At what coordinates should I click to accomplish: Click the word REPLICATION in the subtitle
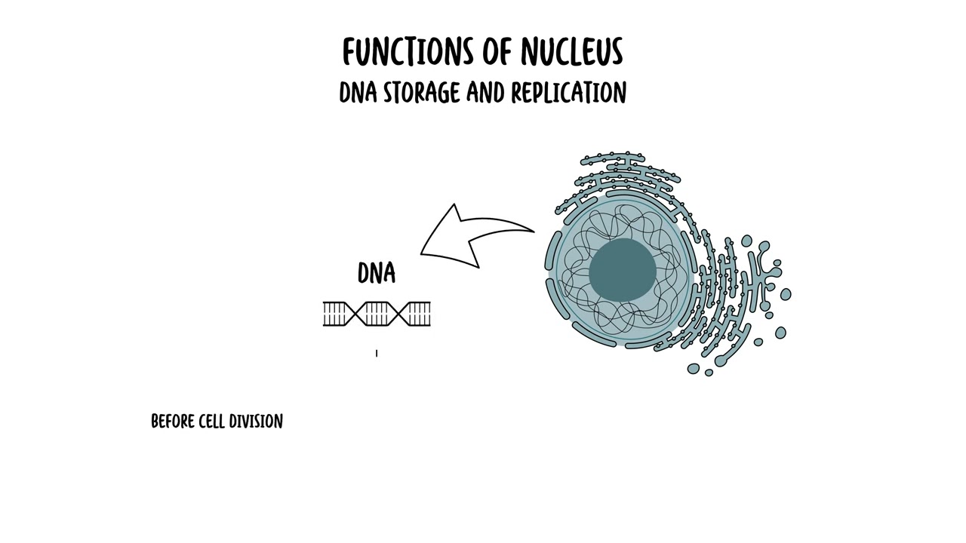[x=568, y=93]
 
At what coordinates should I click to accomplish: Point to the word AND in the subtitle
[x=485, y=93]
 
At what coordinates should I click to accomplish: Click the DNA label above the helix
[x=377, y=273]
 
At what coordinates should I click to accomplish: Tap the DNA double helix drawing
[x=377, y=314]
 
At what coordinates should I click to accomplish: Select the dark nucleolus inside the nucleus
[x=622, y=270]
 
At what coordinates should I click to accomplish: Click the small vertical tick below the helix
[x=377, y=352]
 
